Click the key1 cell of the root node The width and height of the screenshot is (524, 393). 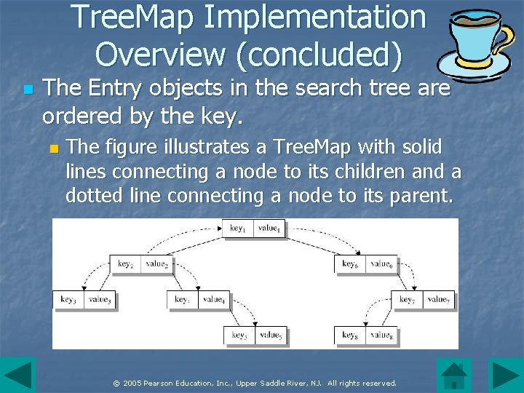pos(239,229)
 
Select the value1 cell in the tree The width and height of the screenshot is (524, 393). pos(269,229)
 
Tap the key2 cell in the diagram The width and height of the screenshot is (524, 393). pos(125,264)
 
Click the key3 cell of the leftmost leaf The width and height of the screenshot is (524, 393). pos(68,299)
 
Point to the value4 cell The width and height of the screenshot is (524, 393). pos(213,299)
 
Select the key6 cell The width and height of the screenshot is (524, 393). pos(350,264)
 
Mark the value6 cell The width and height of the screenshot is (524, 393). pos(381,264)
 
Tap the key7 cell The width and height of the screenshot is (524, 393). pos(408,299)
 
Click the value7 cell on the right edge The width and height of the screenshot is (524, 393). pos(438,299)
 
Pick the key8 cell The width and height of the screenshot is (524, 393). pos(350,336)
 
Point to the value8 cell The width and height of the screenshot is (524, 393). pos(381,336)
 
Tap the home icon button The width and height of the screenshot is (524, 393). pos(454,375)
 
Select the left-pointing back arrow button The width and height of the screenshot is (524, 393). pos(17,375)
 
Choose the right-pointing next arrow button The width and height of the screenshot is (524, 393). pos(505,375)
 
